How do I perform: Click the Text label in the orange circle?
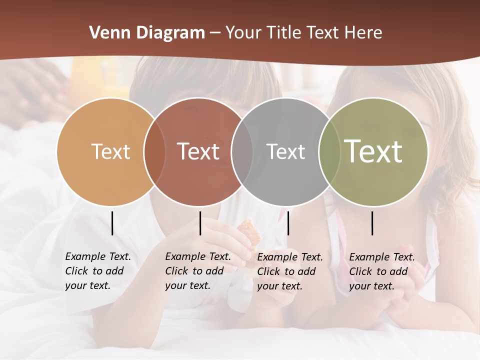(x=110, y=151)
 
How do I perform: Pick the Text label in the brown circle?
(x=198, y=151)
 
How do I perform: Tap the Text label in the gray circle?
(x=285, y=151)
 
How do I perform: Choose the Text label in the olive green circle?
(x=373, y=151)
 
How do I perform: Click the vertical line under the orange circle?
(x=112, y=223)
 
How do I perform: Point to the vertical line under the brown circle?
(x=200, y=223)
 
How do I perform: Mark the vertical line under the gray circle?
(x=288, y=223)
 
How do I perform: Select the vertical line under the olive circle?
(x=372, y=223)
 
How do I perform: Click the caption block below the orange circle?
(x=98, y=271)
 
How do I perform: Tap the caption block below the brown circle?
(x=198, y=271)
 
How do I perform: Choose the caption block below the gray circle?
(x=290, y=271)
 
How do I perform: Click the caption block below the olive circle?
(x=382, y=271)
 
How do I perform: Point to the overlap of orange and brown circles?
(x=154, y=151)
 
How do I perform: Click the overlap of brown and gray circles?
(x=242, y=151)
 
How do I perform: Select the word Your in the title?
(x=243, y=32)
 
